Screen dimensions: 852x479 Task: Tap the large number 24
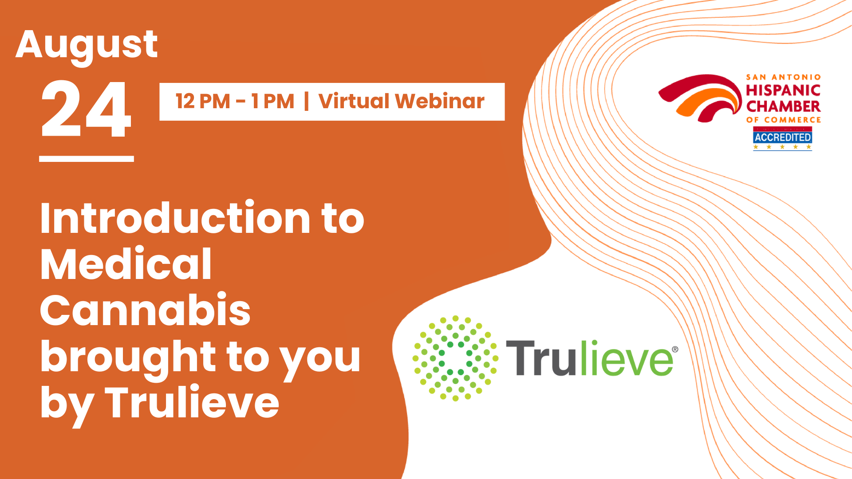(x=87, y=109)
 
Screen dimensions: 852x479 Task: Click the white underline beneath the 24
(x=87, y=159)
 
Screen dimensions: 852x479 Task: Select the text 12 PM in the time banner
(x=203, y=102)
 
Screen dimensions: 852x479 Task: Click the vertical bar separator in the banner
(x=306, y=101)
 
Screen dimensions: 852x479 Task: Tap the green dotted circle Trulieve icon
(x=455, y=358)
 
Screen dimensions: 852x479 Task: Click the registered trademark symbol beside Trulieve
(x=675, y=349)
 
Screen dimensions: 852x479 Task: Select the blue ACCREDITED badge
(x=782, y=138)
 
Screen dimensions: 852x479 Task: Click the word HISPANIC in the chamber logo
(x=783, y=90)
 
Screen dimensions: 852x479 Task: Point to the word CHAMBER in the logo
(x=783, y=106)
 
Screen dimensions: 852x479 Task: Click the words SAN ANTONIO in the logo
(x=783, y=77)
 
